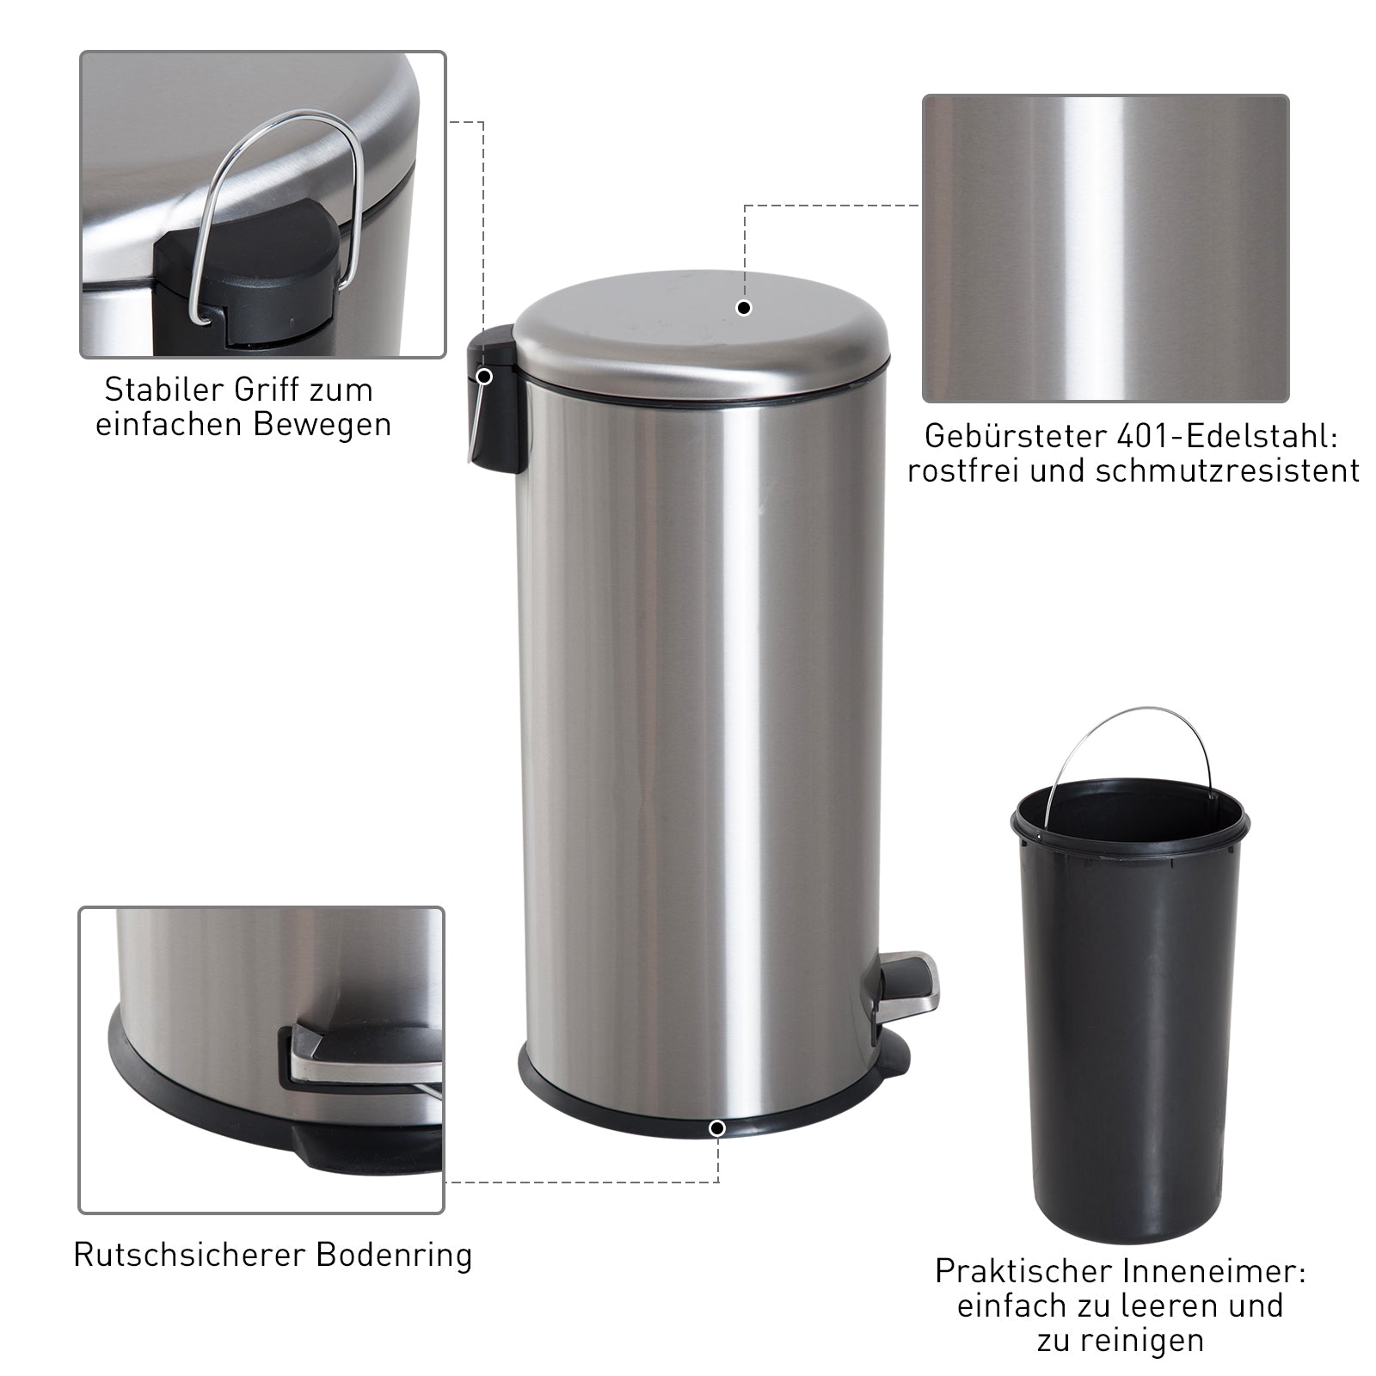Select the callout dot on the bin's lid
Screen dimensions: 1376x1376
745,308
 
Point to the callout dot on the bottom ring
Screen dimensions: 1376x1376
718,1127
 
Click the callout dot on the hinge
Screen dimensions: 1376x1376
484,376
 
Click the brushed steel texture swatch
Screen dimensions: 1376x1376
1105,249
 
